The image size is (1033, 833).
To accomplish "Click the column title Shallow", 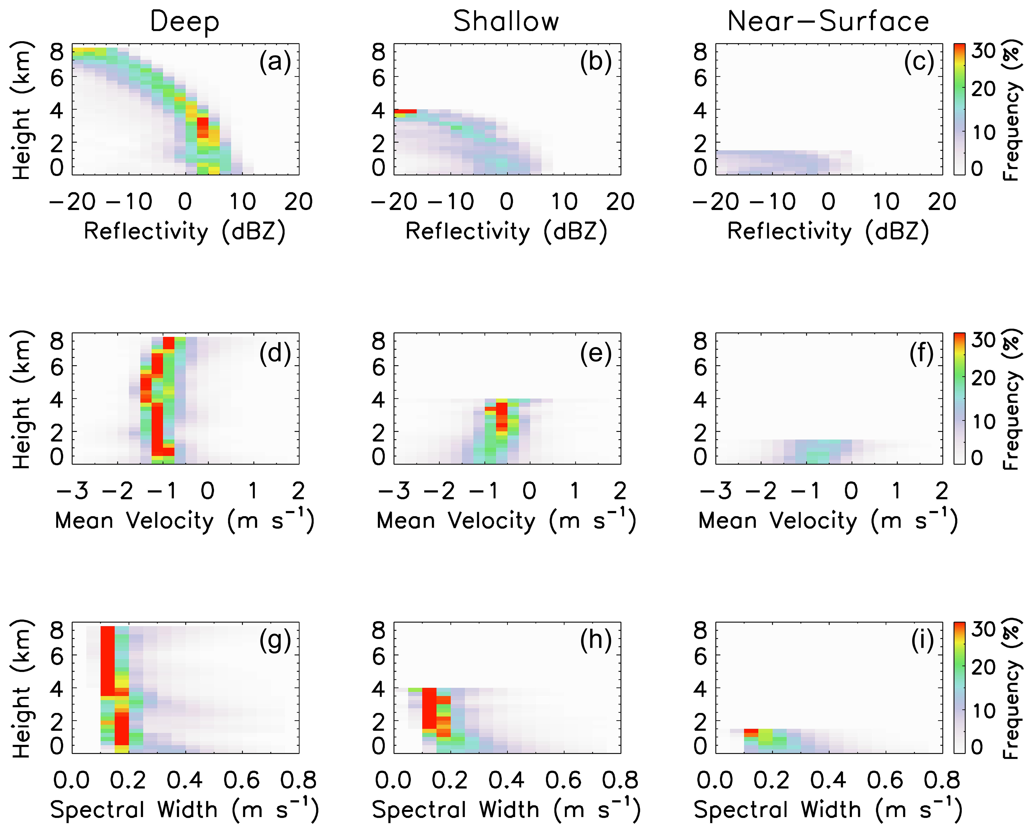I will pos(506,22).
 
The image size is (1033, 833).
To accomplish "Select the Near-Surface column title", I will pos(828,22).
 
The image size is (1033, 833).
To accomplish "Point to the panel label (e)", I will pos(596,354).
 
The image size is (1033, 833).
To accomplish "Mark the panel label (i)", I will pos(922,640).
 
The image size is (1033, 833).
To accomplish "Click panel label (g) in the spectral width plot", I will pos(275,640).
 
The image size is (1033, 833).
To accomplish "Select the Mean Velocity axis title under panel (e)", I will pos(506,521).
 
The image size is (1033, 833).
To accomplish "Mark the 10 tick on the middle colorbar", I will pos(983,422).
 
